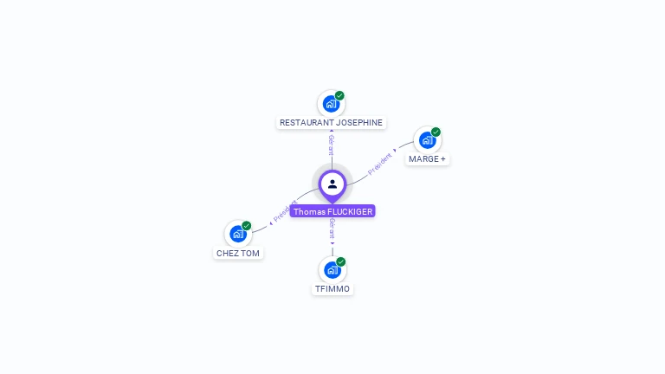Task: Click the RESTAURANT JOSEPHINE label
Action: pos(331,123)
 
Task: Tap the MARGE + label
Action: pos(427,159)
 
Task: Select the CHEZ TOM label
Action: pos(238,253)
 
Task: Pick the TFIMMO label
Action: pos(332,289)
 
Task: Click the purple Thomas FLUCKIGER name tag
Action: pos(332,211)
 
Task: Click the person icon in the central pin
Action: pos(332,184)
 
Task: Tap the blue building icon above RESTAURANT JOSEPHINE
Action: pos(331,104)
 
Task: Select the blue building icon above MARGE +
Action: pos(427,140)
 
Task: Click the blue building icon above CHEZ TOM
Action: pos(238,234)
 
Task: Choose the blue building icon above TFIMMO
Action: pos(332,270)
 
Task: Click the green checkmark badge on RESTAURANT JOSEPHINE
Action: pos(339,95)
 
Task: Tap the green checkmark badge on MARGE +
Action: pos(436,132)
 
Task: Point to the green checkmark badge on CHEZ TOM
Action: pos(247,226)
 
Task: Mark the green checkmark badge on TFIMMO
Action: pos(341,261)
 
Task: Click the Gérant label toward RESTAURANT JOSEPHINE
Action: pos(332,145)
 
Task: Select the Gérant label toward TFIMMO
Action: pos(332,229)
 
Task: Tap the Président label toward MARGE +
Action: pos(379,164)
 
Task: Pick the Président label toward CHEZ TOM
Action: pos(286,210)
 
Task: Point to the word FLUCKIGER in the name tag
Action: pos(350,211)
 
